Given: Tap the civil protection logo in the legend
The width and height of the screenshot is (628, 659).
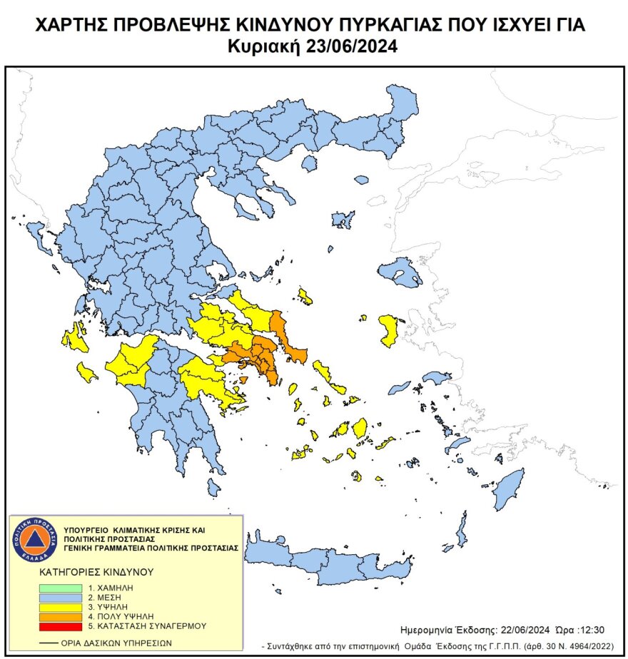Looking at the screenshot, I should [34, 538].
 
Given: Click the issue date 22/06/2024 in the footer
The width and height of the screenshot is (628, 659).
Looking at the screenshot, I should [522, 631].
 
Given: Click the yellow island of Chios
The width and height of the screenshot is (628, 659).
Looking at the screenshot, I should [390, 330].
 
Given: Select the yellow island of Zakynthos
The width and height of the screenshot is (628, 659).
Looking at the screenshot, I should [87, 372].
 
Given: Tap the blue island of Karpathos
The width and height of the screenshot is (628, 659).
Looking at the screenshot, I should [462, 530].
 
